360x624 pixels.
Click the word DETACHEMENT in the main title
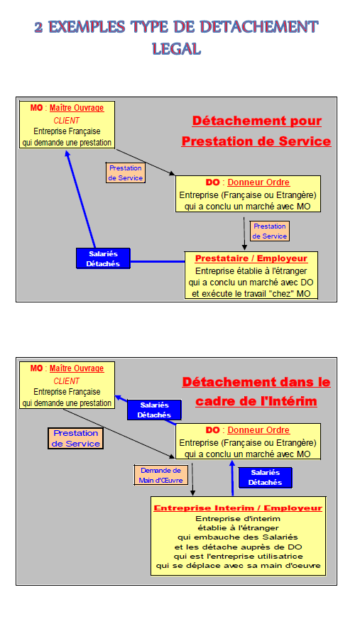259,27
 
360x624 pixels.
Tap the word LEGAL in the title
176,49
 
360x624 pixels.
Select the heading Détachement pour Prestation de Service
256,131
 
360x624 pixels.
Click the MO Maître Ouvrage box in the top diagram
67,125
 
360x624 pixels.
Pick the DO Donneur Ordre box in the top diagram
248,194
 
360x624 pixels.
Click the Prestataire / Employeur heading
251,258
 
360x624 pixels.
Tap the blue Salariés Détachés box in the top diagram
103,258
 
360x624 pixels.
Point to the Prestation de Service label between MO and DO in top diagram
126,173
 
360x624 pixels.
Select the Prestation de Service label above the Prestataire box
270,231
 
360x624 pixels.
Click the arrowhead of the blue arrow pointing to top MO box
67,154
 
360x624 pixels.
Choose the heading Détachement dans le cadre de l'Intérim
256,391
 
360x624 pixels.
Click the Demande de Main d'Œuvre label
160,475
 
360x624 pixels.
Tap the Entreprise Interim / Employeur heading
238,508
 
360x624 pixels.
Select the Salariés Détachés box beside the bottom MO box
154,410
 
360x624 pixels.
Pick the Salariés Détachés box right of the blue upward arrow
266,478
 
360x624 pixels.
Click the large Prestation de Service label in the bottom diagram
76,438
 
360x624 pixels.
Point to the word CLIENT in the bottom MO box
67,381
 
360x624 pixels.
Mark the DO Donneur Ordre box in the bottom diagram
248,442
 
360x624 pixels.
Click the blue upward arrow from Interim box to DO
233,478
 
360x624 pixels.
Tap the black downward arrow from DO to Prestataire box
244,234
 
